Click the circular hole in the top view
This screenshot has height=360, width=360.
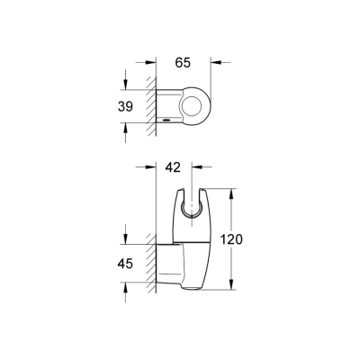192,106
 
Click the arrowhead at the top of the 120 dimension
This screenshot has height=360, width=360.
234,193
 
